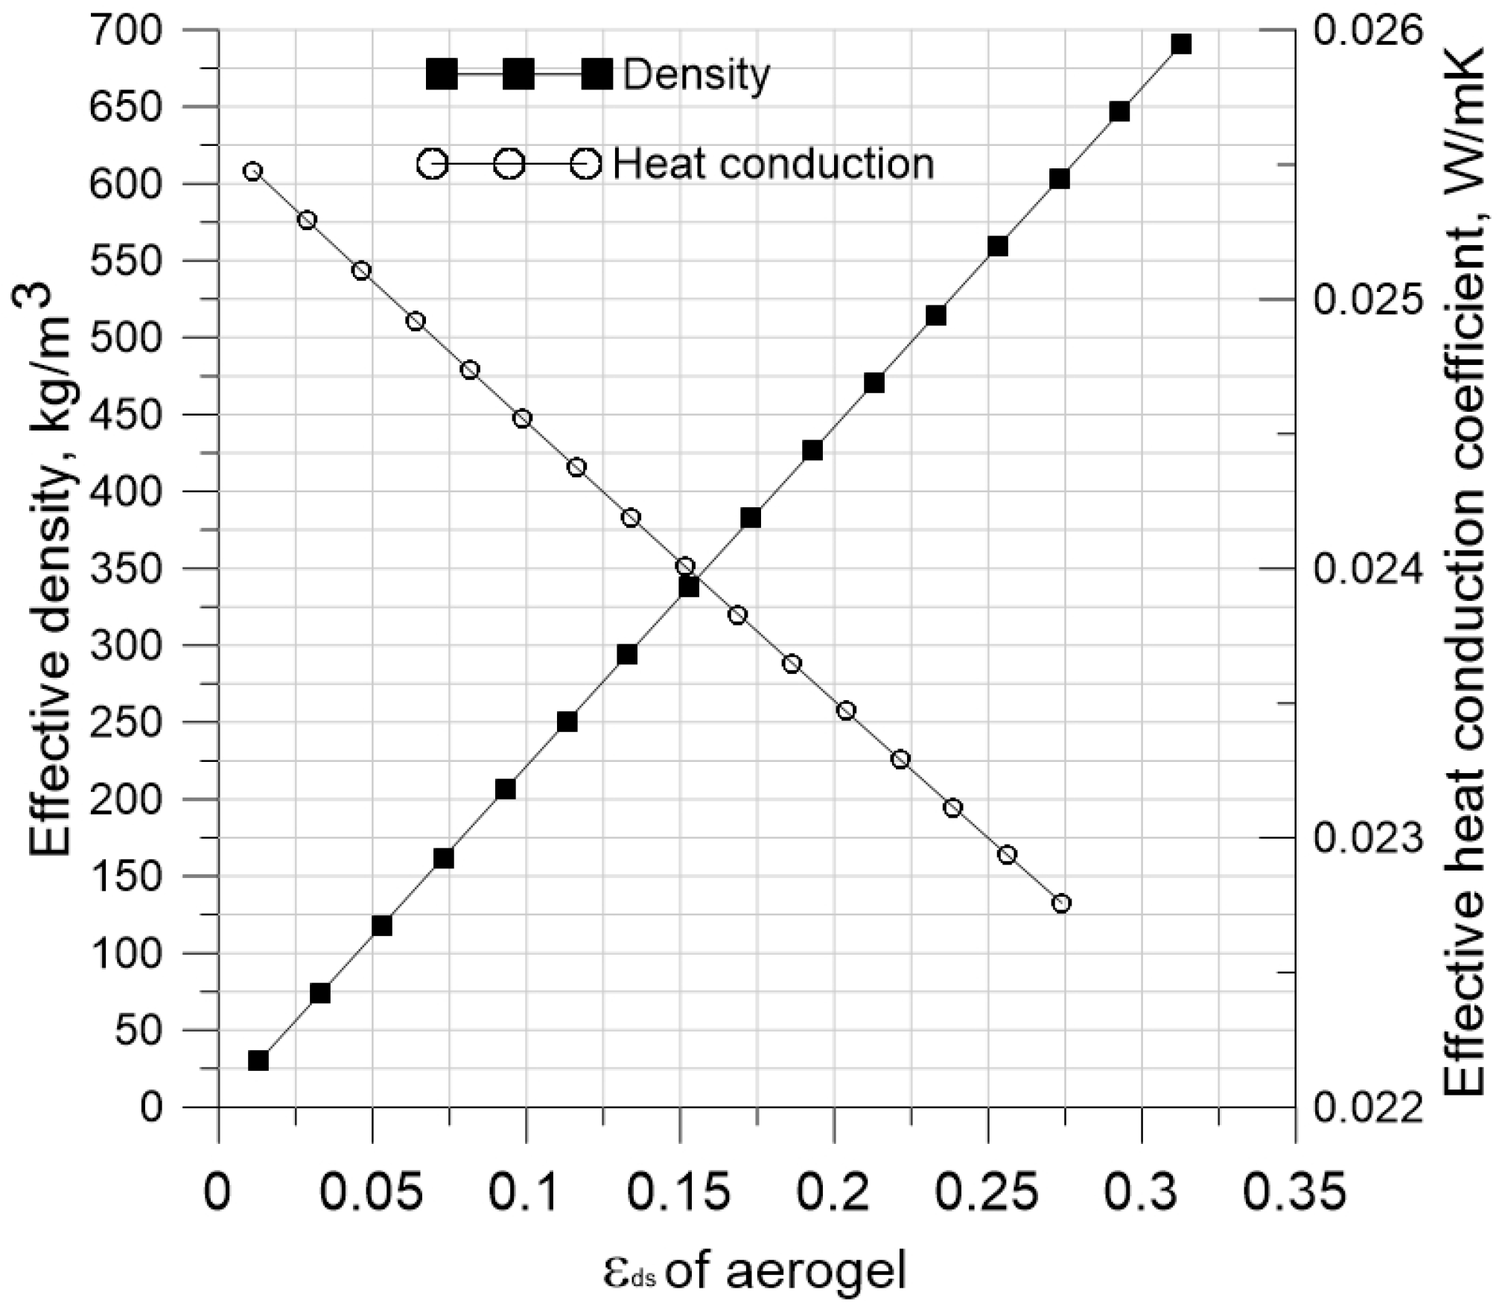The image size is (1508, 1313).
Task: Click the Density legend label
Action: [x=696, y=74]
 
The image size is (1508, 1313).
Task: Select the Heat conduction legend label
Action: [x=773, y=163]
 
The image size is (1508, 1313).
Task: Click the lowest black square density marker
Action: [x=258, y=1061]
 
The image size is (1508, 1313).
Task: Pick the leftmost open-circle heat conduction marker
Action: [x=253, y=171]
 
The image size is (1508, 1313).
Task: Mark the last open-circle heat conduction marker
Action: [x=1062, y=903]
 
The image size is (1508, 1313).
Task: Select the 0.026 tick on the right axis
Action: [x=1367, y=30]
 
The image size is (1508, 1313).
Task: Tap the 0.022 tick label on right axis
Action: [x=1367, y=1107]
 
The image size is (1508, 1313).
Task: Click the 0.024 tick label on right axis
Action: [x=1367, y=570]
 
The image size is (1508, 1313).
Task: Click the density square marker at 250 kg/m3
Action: [x=567, y=722]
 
